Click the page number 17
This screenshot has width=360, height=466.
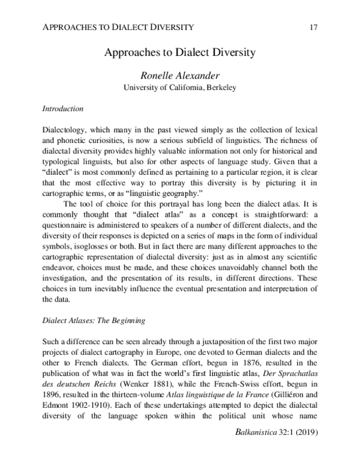pyautogui.click(x=312, y=27)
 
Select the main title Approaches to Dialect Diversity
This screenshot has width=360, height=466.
pyautogui.click(x=180, y=52)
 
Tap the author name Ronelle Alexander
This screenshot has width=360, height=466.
pyautogui.click(x=180, y=76)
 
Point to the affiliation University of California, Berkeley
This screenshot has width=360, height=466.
pyautogui.click(x=180, y=88)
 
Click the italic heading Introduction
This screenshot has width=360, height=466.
pyautogui.click(x=63, y=109)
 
